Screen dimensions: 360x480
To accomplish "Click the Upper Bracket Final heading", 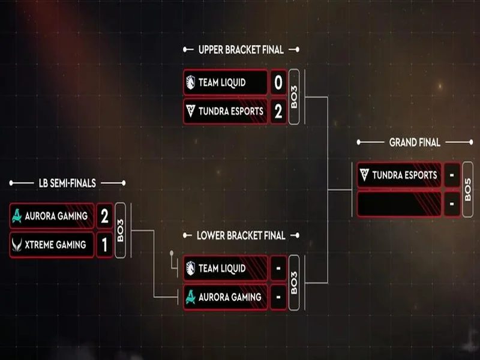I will coord(241,50).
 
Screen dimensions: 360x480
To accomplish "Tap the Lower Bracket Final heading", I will coord(241,236).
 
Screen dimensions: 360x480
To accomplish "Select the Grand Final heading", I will coord(415,143).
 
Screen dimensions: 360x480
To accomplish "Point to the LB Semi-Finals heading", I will coord(67,183).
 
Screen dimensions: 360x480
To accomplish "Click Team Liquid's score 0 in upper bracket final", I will coord(278,83).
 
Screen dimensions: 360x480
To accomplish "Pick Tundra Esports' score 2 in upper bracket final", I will coord(278,111).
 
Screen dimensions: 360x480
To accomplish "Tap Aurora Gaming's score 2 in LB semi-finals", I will coord(104,216).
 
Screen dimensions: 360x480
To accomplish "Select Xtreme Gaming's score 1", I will coord(104,245).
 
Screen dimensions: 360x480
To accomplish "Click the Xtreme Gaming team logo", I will coord(17,245).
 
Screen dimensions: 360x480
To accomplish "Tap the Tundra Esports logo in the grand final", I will coord(364,175).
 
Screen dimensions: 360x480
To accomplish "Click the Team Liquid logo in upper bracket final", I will coord(190,83).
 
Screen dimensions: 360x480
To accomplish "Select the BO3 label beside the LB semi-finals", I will coord(120,230).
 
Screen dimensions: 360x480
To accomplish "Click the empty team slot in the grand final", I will coord(399,204).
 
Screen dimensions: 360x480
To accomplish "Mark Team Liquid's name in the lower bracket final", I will coord(221,269).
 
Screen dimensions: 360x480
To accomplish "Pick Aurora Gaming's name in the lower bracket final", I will coord(230,297).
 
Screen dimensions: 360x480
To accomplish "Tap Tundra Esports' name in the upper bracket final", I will coord(231,111).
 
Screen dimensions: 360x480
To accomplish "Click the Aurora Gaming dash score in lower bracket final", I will coord(278,297).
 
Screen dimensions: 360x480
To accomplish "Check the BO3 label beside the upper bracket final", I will coord(294,97).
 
